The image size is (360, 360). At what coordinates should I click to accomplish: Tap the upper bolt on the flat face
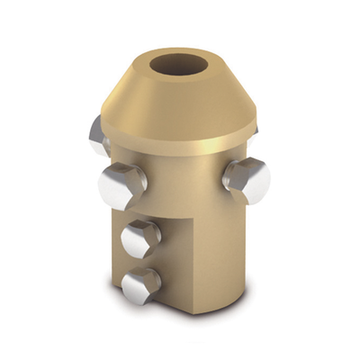pos(142,238)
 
